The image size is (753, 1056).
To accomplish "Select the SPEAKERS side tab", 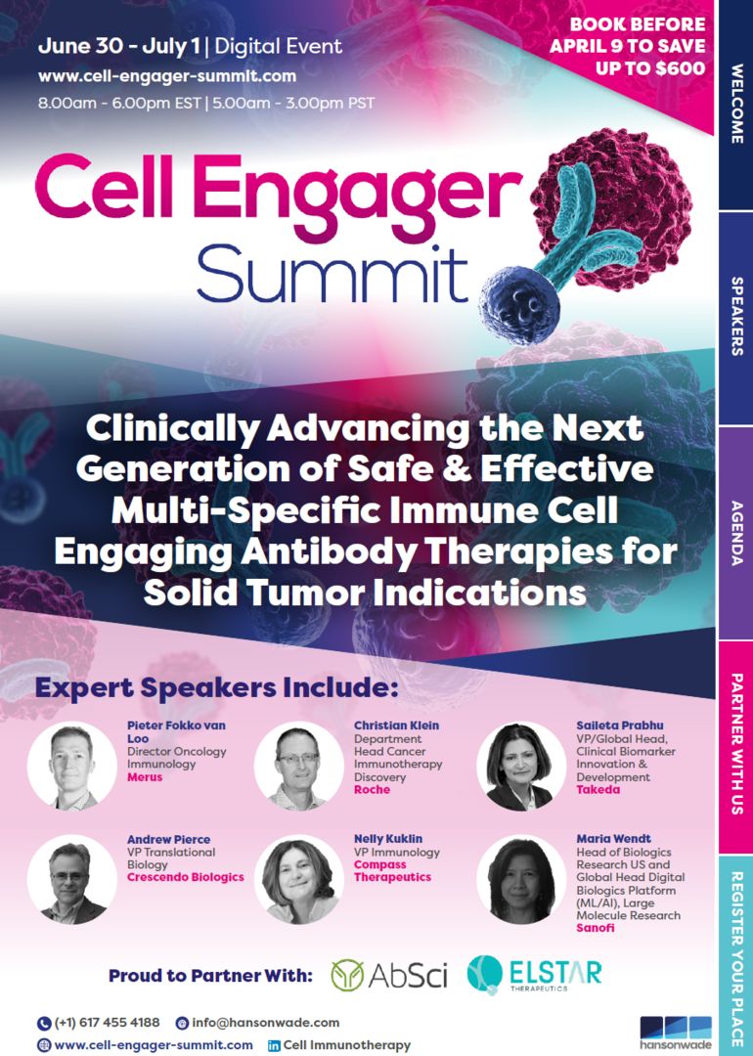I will point(735,319).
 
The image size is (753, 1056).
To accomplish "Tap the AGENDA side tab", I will point(735,533).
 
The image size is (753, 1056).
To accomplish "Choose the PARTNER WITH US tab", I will point(735,745).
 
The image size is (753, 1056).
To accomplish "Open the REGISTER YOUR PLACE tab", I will point(735,954).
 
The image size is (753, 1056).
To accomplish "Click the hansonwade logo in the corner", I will point(675,1033).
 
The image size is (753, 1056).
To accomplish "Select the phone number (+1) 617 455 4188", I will point(106,1023).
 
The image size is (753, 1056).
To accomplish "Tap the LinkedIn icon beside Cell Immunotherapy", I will point(274,1045).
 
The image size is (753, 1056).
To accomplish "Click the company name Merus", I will point(146,778).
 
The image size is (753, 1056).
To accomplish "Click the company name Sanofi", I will point(596,928).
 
